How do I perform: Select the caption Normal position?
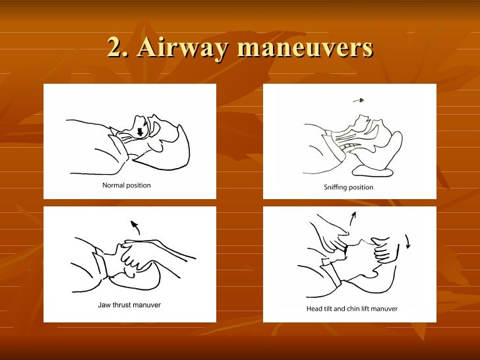click(127, 185)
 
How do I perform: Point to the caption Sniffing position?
click(348, 187)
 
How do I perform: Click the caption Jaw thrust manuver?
click(129, 305)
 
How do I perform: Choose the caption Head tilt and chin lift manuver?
click(352, 309)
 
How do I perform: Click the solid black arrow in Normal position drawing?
click(140, 132)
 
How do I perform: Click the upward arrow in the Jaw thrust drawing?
click(135, 228)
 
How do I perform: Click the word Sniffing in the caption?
click(336, 187)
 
